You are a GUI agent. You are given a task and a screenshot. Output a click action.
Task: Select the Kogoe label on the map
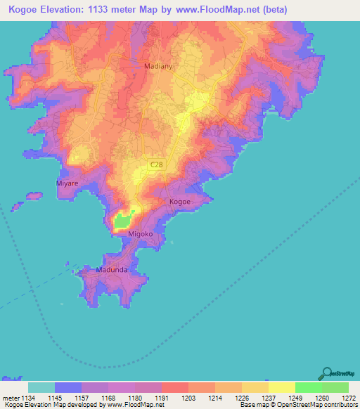tap(180, 202)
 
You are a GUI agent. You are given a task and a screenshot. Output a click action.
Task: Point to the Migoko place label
tap(140, 233)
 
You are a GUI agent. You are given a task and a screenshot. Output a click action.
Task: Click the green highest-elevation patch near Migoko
tap(123, 221)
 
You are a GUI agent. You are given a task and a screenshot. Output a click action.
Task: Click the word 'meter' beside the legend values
tap(10, 397)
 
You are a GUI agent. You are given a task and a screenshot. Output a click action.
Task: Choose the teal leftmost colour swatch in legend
tap(41, 387)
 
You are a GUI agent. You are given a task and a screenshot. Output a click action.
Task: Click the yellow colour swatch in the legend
tap(281, 387)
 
